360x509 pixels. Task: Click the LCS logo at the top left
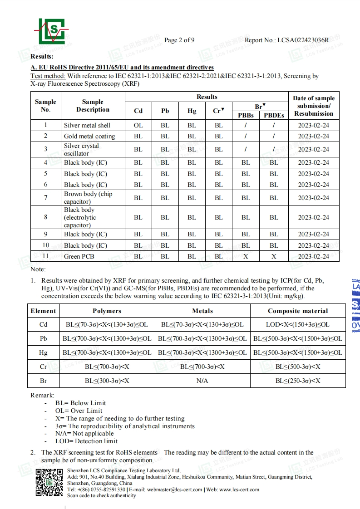point(51,31)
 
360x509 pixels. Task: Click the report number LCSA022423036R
point(303,40)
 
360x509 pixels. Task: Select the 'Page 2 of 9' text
point(179,40)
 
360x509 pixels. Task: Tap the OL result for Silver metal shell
point(138,125)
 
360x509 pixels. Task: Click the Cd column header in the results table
point(138,111)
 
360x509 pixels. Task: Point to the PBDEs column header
point(274,115)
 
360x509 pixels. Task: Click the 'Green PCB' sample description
point(79,256)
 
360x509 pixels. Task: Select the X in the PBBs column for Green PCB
point(246,256)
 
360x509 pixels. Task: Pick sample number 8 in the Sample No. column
point(45,217)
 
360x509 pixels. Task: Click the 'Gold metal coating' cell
point(89,136)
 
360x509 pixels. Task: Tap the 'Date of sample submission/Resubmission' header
point(313,106)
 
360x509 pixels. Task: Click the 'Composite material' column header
point(297,311)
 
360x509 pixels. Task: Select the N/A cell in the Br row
point(202,381)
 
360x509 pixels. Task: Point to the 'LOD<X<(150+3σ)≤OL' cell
point(297,324)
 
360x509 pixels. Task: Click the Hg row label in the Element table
point(43,352)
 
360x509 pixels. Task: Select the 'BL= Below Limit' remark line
point(81,403)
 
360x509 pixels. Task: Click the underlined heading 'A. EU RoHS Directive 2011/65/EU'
point(122,68)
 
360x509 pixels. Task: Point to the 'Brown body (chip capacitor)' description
point(88,198)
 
